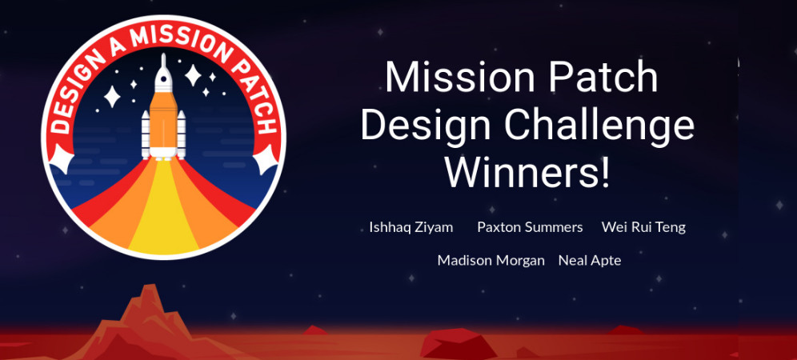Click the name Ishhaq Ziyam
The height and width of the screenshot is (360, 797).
click(411, 227)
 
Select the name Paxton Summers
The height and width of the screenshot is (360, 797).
click(531, 226)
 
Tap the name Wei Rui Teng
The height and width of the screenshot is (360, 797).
click(643, 227)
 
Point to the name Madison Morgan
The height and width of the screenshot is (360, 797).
click(491, 261)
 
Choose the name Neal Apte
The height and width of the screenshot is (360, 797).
click(590, 261)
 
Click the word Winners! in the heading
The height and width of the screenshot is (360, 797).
click(527, 172)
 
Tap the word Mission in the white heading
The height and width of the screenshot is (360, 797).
click(459, 76)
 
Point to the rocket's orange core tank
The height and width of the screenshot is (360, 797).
click(163, 123)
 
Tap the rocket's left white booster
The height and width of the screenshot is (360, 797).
click(146, 134)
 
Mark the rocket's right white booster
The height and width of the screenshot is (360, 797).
click(181, 134)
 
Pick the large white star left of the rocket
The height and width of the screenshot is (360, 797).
click(112, 97)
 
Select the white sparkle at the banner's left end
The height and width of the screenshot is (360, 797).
click(62, 158)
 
